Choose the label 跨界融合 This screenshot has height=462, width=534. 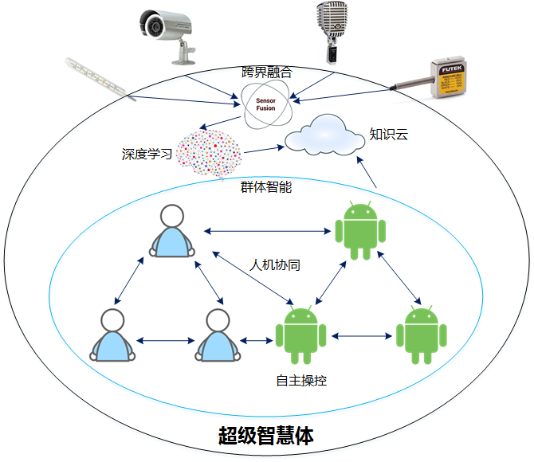[x=267, y=72]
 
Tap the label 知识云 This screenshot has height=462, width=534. [x=388, y=135]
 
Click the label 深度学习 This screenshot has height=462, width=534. [x=147, y=154]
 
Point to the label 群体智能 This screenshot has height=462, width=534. [x=266, y=187]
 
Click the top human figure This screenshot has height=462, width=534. [x=171, y=232]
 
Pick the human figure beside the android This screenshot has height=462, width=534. [x=217, y=335]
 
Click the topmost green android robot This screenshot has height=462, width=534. [x=360, y=231]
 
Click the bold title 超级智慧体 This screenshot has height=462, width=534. [x=266, y=436]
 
